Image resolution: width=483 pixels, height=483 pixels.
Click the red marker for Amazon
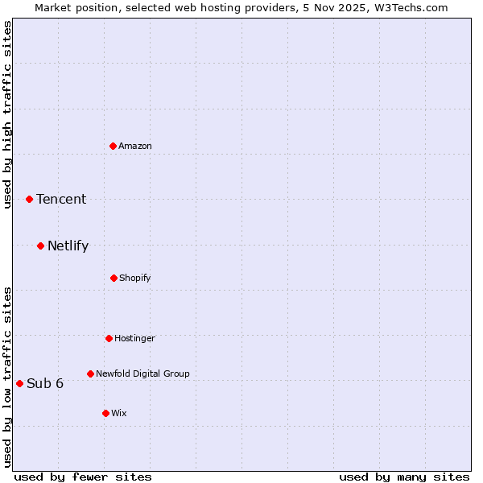coord(113,146)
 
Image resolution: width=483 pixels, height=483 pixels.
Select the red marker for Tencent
coord(29,199)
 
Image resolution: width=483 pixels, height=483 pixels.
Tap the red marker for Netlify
coord(40,246)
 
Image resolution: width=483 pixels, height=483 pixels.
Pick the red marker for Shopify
coord(114,278)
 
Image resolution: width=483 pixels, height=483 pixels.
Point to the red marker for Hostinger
coord(109,338)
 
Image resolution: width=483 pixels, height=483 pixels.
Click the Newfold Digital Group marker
coord(90,374)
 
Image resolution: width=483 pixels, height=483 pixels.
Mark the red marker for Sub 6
coord(19,383)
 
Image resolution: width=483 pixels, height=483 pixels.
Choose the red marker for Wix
coord(105,413)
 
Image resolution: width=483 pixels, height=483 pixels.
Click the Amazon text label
coord(135,146)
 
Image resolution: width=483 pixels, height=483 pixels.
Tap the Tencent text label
coord(61,199)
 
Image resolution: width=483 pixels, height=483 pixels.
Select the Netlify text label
coord(68,246)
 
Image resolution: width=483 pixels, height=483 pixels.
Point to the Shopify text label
coord(135,278)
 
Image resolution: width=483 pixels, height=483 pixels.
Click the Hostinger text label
coord(134,338)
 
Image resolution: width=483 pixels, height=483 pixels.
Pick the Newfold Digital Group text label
coord(142,374)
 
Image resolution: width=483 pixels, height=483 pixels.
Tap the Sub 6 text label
coord(45,383)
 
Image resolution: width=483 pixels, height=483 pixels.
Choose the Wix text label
coord(119,413)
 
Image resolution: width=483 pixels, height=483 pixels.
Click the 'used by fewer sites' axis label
coord(83,477)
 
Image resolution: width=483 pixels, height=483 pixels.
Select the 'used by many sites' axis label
coord(404,477)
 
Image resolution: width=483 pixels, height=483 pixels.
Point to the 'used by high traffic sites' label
coord(7,114)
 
